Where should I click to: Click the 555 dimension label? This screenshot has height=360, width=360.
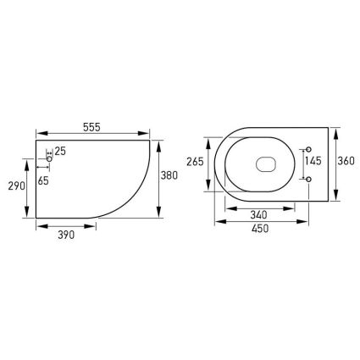[91, 127]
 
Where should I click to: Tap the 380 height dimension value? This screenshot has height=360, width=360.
[169, 175]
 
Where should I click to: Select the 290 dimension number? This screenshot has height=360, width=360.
[16, 186]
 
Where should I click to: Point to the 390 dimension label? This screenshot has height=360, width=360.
[66, 235]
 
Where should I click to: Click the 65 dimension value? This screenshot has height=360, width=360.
[43, 180]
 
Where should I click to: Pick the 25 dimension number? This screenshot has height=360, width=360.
[60, 151]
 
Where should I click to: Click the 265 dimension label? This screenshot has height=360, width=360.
[195, 162]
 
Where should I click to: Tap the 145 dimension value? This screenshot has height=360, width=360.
[313, 161]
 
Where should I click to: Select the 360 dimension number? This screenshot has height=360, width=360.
[346, 161]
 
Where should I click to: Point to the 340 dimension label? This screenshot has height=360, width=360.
[258, 215]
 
